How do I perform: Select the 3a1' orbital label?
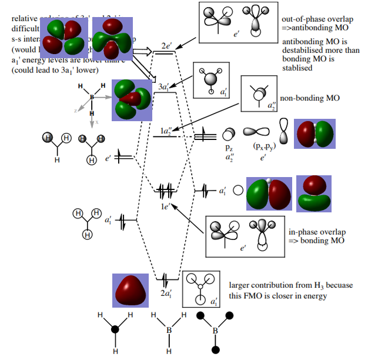pyautogui.click(x=165, y=87)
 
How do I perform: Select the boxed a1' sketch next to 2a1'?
pyautogui.click(x=201, y=289)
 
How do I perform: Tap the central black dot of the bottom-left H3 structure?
pyautogui.click(x=115, y=329)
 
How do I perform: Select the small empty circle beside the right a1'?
pyautogui.click(x=238, y=191)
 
